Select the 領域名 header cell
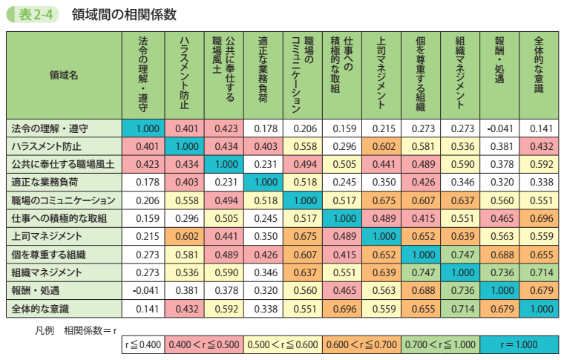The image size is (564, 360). tap(63, 75)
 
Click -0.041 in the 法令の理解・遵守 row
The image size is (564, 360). tap(498, 128)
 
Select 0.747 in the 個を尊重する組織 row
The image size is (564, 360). tap(459, 253)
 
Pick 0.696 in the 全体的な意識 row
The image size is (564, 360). tap(341, 307)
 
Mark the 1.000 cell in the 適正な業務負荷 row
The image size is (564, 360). tap(264, 182)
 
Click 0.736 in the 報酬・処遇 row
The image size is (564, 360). tap(459, 289)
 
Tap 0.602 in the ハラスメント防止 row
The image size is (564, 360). tap(381, 146)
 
